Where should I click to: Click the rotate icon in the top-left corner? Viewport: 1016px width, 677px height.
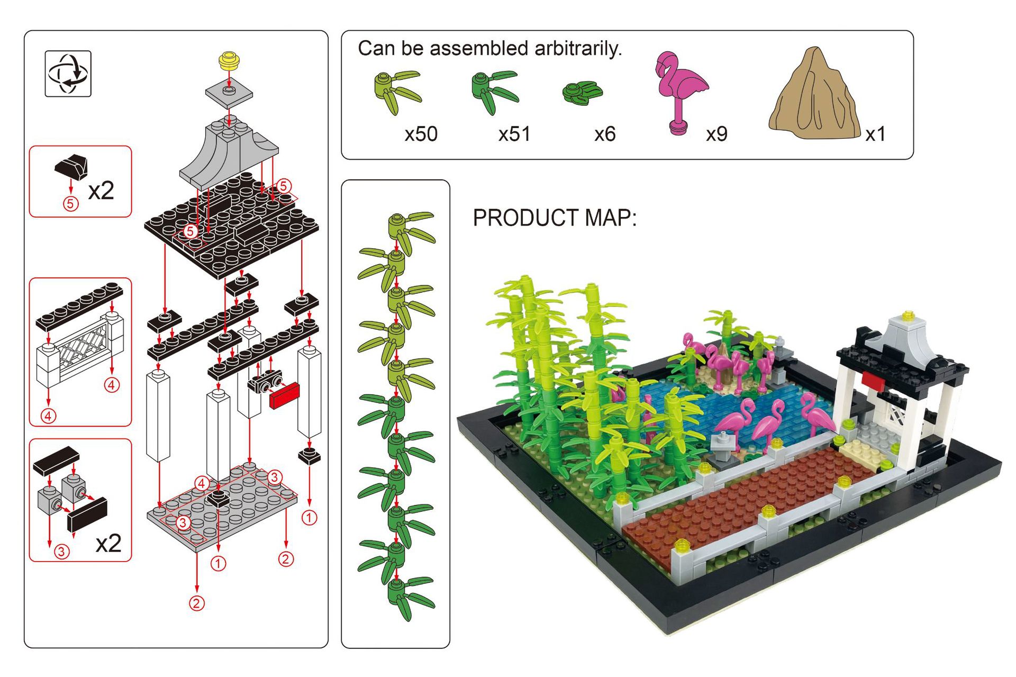coord(68,74)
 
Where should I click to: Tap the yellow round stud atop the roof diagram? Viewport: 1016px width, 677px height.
coord(229,60)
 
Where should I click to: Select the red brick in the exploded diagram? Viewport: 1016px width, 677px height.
coord(284,395)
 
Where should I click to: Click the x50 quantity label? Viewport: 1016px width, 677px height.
coord(421,134)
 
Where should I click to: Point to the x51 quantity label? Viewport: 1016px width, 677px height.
coord(514,134)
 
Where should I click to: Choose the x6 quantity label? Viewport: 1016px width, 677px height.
coord(604,134)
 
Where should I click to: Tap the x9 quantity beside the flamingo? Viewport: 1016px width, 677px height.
coord(716,134)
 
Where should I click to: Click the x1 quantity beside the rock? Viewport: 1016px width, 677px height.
coord(875,134)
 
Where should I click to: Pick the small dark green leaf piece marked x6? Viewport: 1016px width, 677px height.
coord(582,93)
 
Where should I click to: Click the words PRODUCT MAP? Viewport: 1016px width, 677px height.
coord(554,218)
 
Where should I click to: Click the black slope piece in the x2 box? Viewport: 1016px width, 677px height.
coord(71,166)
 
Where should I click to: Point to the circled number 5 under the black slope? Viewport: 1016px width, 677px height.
coord(70,204)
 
